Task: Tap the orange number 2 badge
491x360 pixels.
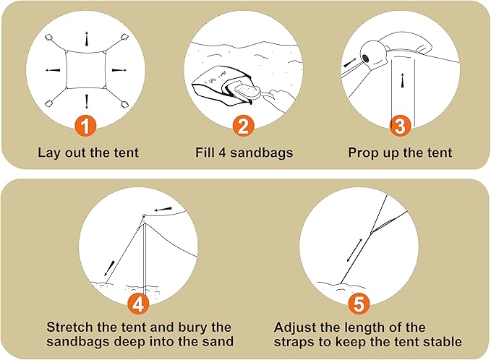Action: coord(243,127)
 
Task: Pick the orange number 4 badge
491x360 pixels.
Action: coord(140,301)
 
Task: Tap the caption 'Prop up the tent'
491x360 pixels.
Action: coord(400,153)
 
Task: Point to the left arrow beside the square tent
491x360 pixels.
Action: coord(53,70)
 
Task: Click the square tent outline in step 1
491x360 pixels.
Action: coord(86,70)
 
